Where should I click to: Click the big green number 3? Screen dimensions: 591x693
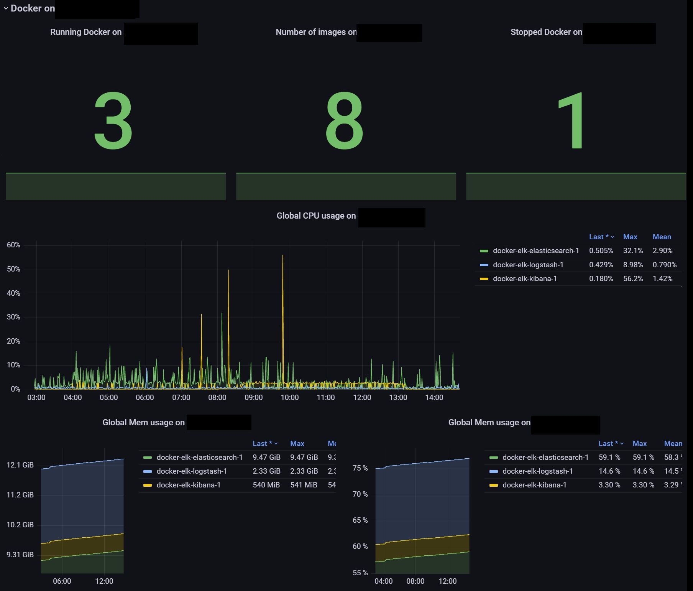point(113,121)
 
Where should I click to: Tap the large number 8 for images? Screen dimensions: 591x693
point(344,121)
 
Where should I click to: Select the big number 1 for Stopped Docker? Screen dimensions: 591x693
point(571,121)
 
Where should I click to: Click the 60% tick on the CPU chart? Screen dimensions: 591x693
point(13,245)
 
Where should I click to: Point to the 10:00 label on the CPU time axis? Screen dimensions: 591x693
point(289,398)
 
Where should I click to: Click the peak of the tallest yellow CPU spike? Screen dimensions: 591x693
point(283,255)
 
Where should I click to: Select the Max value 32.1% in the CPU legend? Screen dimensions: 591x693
point(633,251)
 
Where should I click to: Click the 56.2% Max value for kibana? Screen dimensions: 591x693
point(633,279)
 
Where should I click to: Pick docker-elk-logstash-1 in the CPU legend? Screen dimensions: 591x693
point(528,265)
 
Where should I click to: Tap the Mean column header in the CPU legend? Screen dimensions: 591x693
point(662,237)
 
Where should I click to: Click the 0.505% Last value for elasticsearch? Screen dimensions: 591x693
point(601,251)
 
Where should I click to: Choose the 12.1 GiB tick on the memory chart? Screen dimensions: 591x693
point(20,465)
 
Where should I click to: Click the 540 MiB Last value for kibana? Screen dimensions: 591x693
point(266,485)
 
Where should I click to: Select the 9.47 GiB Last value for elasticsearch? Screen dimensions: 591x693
point(266,458)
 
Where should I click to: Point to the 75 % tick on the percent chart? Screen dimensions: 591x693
point(360,468)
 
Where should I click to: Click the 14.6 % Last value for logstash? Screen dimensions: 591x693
point(609,471)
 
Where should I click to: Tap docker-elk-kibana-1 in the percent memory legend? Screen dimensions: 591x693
point(534,485)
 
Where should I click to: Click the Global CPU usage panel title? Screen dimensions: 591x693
point(316,216)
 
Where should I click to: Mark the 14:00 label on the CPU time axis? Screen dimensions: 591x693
point(434,398)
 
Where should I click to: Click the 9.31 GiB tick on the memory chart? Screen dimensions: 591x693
point(20,555)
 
